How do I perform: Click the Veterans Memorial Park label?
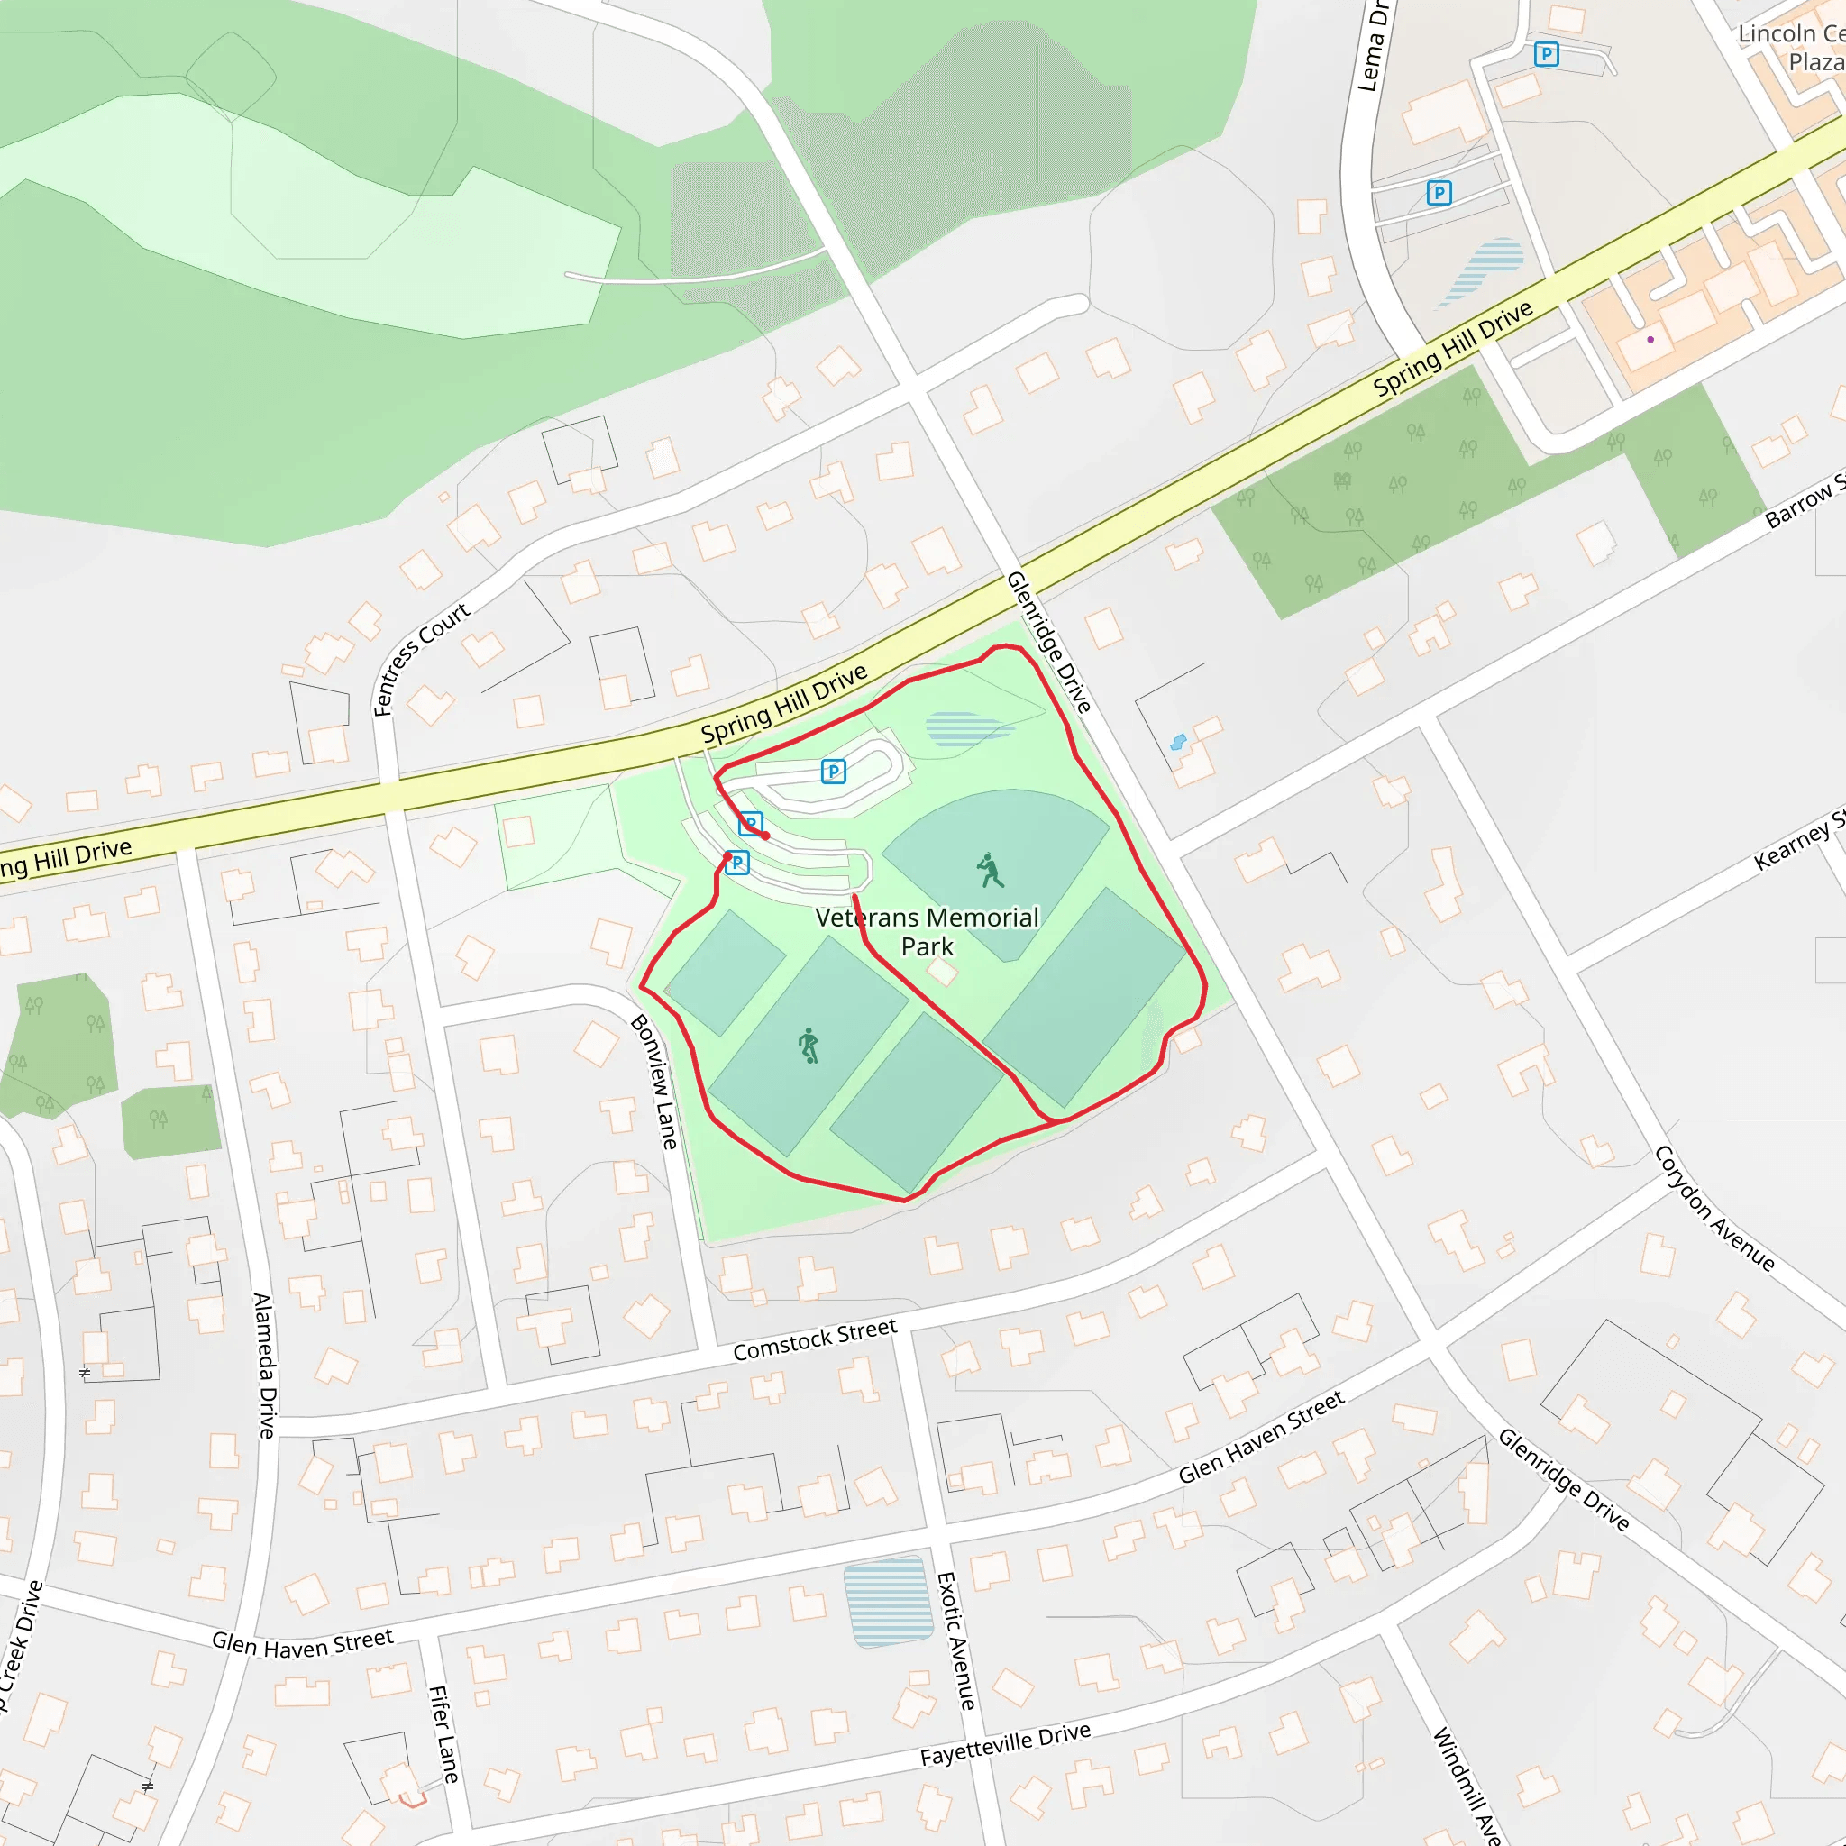point(926,932)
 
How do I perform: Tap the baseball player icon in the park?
point(990,870)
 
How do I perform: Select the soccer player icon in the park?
point(809,1046)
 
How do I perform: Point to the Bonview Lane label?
point(654,1082)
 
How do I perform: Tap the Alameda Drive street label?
point(265,1366)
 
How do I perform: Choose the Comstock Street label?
point(815,1339)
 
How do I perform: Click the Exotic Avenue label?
point(956,1640)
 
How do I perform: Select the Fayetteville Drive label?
point(1005,1744)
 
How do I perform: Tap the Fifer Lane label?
point(443,1734)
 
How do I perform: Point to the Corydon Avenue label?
point(1715,1209)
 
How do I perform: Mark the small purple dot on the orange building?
point(1650,339)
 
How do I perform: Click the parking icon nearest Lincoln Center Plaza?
point(1546,54)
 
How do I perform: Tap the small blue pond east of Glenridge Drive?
point(1178,742)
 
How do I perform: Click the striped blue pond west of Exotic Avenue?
point(889,1602)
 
